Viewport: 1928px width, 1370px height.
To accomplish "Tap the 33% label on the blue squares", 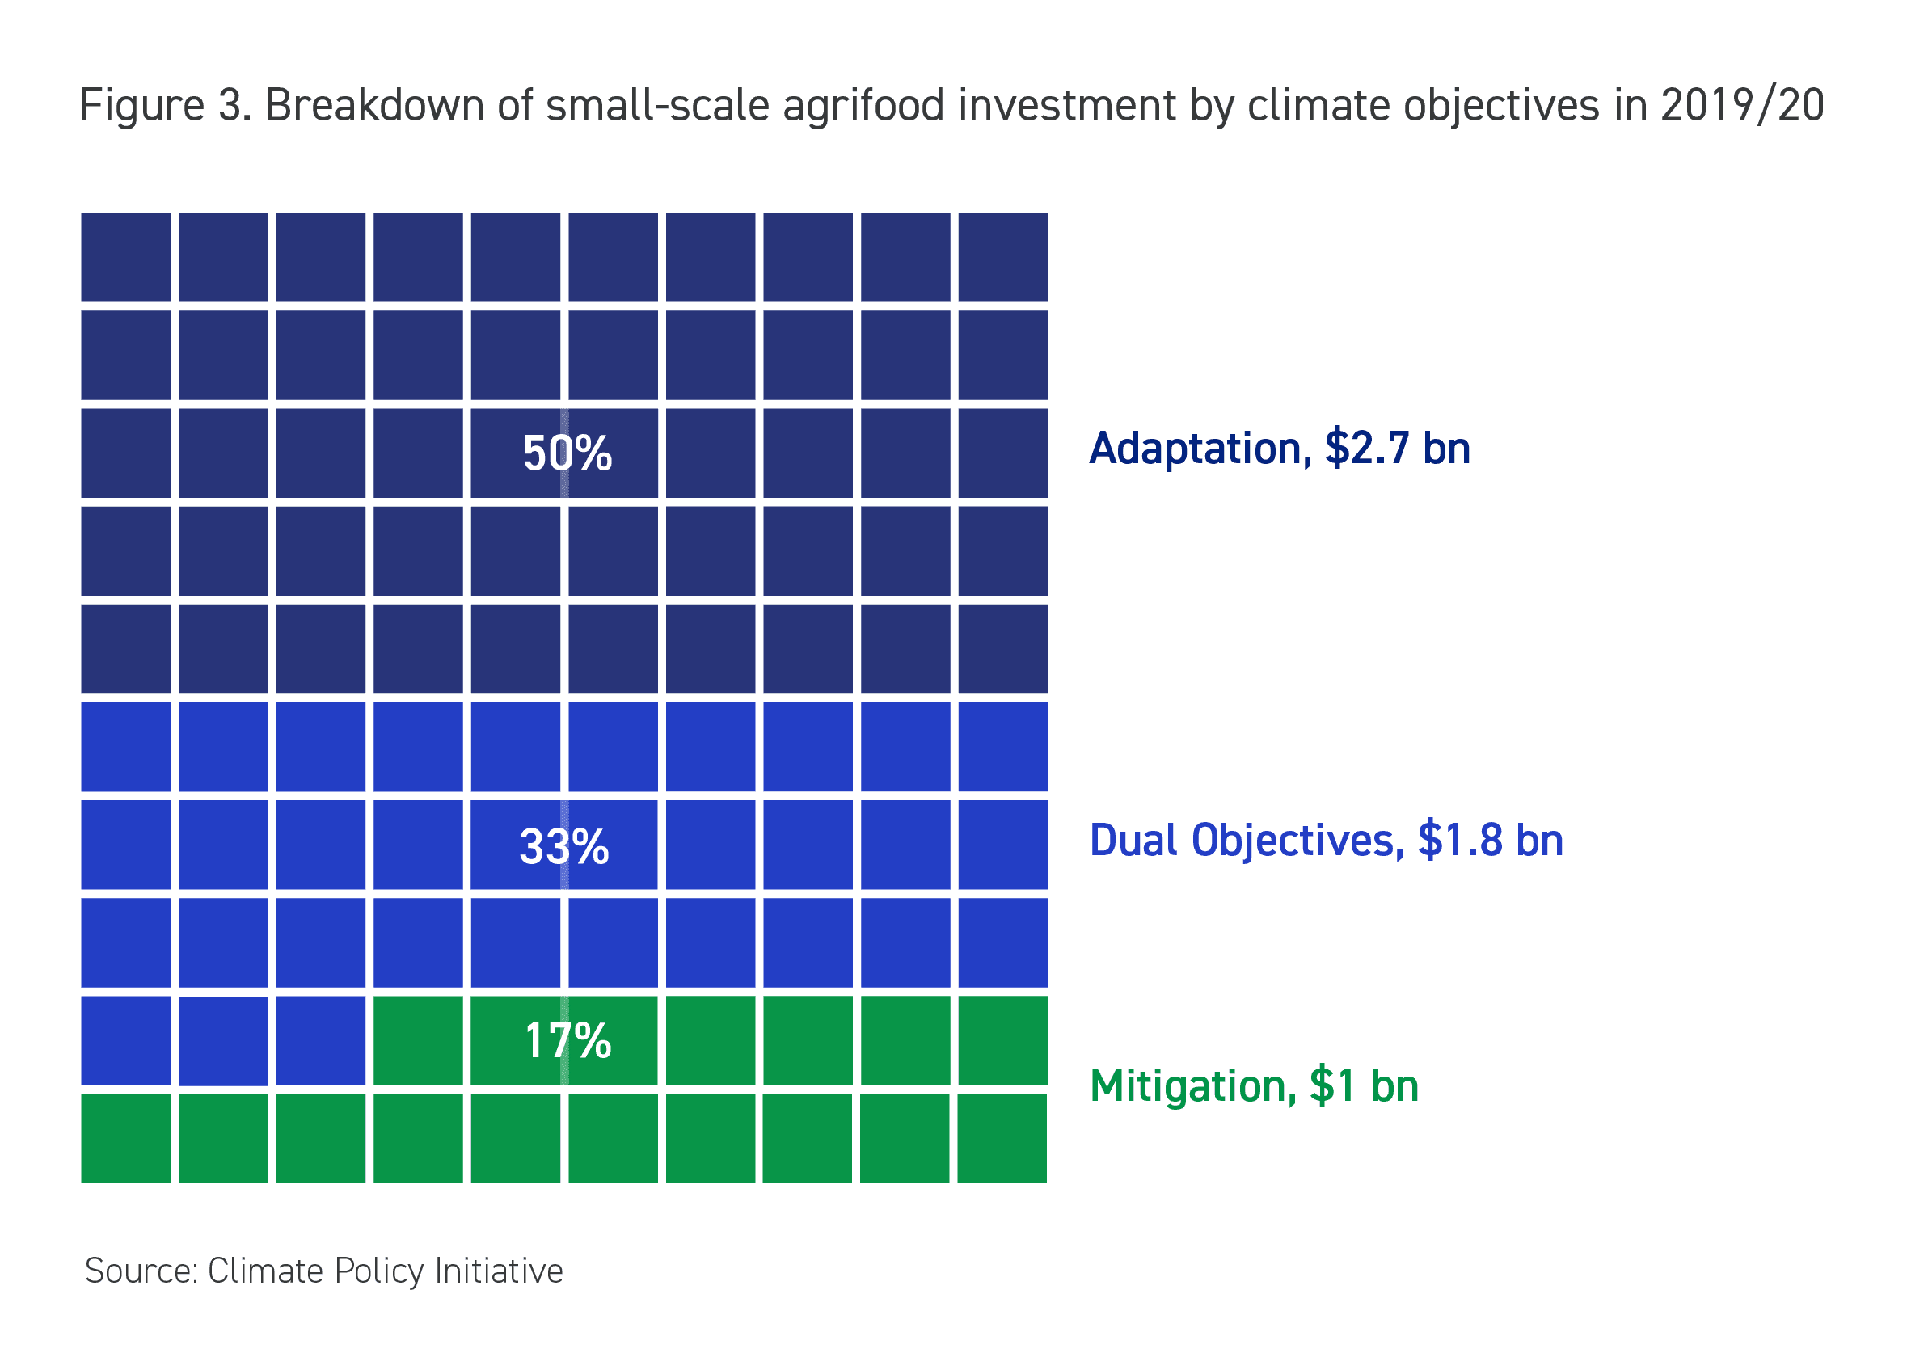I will (563, 846).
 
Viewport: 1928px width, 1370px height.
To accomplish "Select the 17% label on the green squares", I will (567, 1040).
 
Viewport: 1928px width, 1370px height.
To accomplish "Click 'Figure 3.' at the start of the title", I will (166, 107).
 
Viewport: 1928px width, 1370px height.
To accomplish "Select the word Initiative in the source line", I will (498, 1271).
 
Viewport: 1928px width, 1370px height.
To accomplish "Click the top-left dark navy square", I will (126, 257).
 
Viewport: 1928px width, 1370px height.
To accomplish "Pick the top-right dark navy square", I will (1002, 257).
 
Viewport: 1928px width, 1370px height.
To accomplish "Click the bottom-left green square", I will (126, 1138).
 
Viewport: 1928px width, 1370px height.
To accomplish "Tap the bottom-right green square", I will (1002, 1138).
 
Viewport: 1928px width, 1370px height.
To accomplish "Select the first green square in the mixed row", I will (418, 1040).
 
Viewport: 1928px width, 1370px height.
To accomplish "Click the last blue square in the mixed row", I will (321, 1040).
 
